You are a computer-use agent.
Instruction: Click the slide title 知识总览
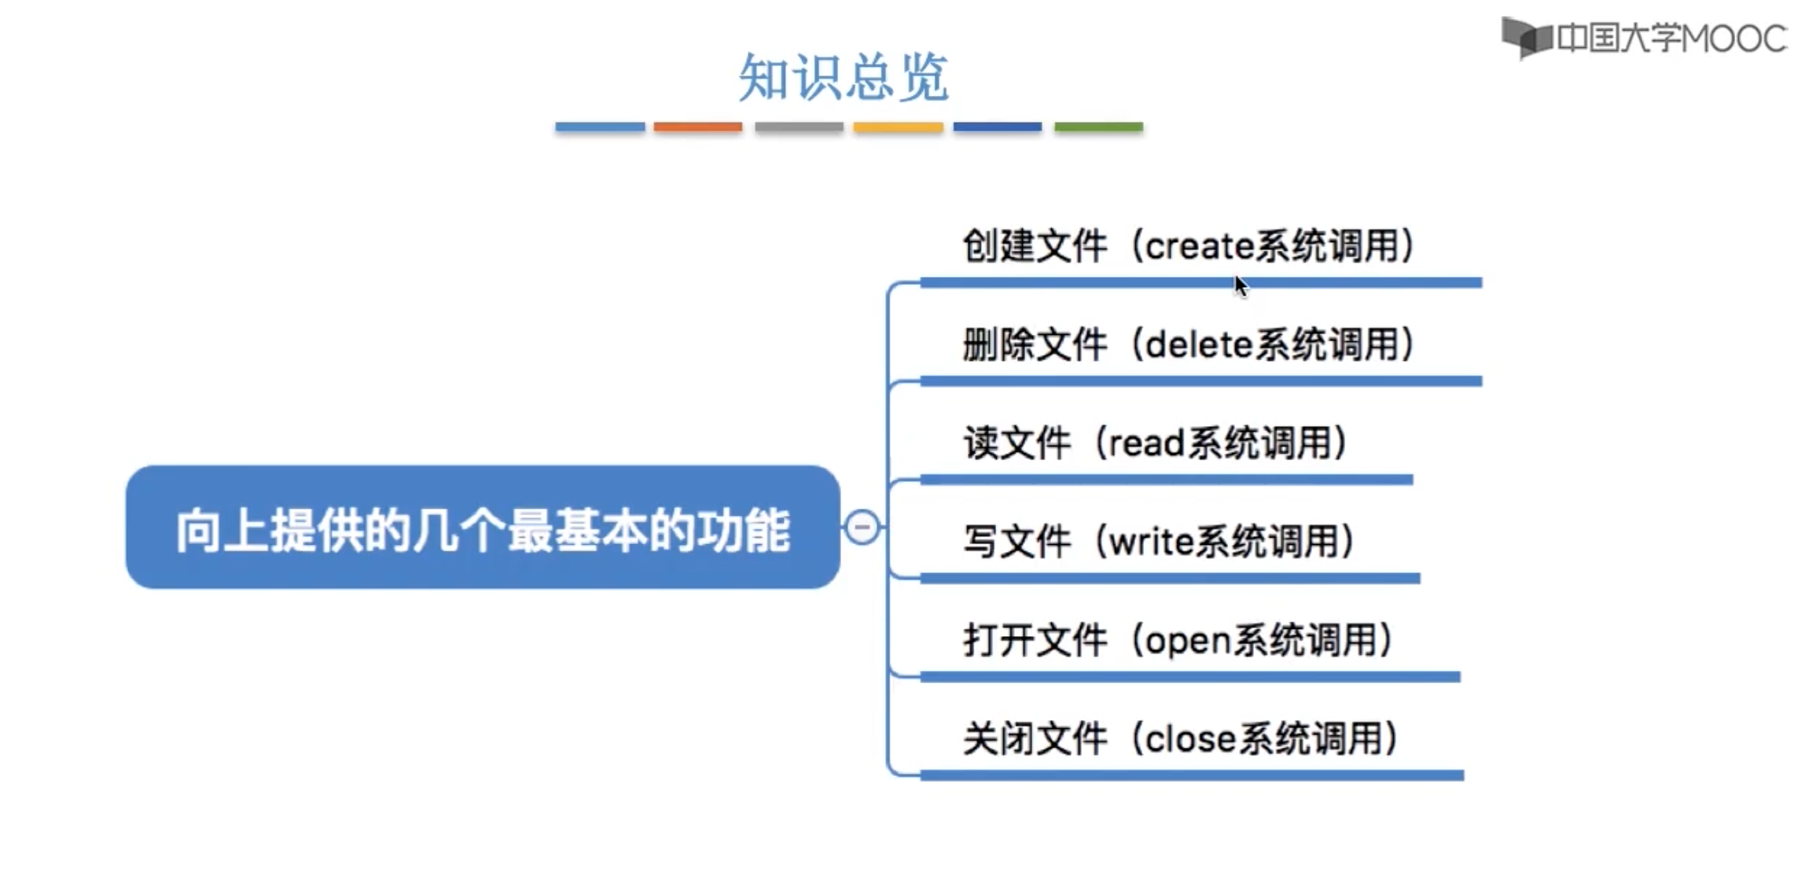click(x=844, y=77)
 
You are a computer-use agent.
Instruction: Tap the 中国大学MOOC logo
click(x=1643, y=38)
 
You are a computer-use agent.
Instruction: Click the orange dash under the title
click(x=697, y=127)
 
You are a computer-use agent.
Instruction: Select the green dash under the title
click(x=1098, y=127)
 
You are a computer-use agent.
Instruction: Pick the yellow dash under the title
click(x=898, y=127)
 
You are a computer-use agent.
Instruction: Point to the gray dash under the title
click(x=799, y=127)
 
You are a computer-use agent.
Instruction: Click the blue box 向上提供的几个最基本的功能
click(x=483, y=528)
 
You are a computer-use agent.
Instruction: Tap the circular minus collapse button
click(x=862, y=527)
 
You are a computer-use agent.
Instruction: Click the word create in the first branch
click(x=1200, y=246)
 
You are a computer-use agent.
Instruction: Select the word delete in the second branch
click(x=1200, y=345)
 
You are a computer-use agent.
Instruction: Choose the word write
click(x=1152, y=542)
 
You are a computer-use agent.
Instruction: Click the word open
click(x=1188, y=641)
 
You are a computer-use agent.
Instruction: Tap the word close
click(x=1191, y=739)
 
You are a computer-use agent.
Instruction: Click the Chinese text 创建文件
click(x=1035, y=246)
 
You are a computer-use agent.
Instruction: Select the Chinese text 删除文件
click(x=1035, y=345)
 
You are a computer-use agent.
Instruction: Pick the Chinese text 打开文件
click(x=1035, y=641)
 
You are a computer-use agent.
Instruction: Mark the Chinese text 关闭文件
click(x=1035, y=739)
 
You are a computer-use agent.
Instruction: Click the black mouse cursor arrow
click(x=1241, y=285)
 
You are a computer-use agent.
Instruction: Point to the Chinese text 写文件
click(x=1016, y=542)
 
